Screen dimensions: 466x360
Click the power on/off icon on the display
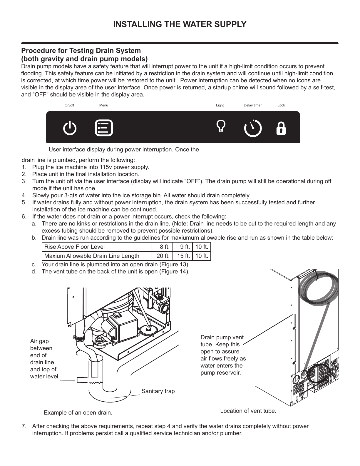click(70, 128)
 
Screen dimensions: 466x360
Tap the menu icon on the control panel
click(104, 128)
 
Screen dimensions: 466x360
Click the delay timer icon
click(253, 128)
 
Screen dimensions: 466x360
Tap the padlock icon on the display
click(281, 128)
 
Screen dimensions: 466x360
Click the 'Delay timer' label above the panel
click(252, 105)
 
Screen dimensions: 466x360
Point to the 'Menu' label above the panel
click(103, 105)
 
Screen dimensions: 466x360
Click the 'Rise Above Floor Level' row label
click(74, 247)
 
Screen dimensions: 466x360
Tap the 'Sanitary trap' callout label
click(158, 391)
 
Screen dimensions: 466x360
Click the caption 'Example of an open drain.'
click(78, 412)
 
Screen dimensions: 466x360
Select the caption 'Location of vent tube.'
click(248, 411)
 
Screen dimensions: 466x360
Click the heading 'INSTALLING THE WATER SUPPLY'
click(180, 24)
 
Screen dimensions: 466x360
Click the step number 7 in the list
click(24, 426)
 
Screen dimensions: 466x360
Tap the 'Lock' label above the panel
click(281, 105)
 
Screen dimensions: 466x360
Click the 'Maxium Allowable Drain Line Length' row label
click(92, 256)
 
